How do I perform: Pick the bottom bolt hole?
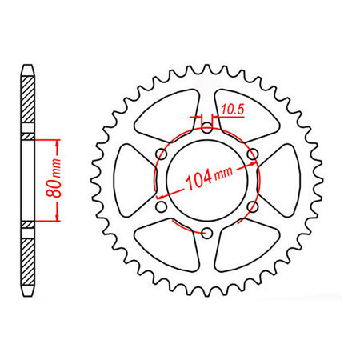tap(207, 233)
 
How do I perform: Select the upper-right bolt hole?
tap(253, 154)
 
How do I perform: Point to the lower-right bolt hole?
tap(253, 206)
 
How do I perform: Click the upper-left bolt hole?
tap(162, 154)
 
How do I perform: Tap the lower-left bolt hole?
tap(162, 206)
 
